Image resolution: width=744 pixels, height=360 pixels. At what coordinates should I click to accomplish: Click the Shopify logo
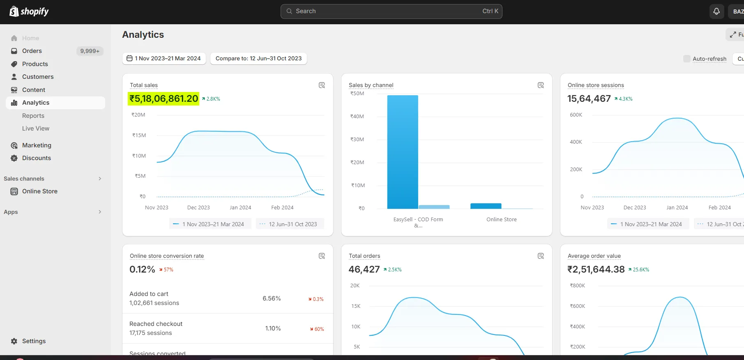point(29,11)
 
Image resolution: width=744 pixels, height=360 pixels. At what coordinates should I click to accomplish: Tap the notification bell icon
point(716,11)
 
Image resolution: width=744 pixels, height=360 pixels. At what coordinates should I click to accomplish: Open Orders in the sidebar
point(32,51)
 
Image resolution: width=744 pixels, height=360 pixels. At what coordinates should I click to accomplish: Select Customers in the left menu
point(38,77)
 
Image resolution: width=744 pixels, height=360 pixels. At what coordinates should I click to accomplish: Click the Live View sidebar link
point(36,128)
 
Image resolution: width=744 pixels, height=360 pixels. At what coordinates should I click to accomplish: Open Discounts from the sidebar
point(37,158)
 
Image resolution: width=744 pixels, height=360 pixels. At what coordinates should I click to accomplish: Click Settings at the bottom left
point(34,341)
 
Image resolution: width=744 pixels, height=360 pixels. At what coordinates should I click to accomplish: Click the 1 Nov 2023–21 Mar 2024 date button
point(164,58)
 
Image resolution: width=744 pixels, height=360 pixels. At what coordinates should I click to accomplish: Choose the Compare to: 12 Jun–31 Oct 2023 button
point(258,58)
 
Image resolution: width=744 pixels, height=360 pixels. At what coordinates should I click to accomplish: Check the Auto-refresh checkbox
point(686,59)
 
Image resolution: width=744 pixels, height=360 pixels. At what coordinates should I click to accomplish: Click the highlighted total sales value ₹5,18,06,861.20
point(164,99)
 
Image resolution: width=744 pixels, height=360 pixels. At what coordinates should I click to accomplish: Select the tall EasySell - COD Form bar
point(403,152)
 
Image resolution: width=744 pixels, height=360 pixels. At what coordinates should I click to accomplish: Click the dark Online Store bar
point(486,206)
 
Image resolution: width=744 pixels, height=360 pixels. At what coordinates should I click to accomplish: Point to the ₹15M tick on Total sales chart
point(139,135)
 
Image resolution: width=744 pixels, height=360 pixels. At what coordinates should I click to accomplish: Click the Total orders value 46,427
point(364,269)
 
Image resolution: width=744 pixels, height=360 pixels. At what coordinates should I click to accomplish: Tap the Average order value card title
point(594,256)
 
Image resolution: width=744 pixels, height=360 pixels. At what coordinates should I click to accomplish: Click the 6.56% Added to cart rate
point(272,298)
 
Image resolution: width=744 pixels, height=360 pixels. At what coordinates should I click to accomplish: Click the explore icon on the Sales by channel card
point(541,85)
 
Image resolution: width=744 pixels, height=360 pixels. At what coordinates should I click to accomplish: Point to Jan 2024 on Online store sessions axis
point(677,208)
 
